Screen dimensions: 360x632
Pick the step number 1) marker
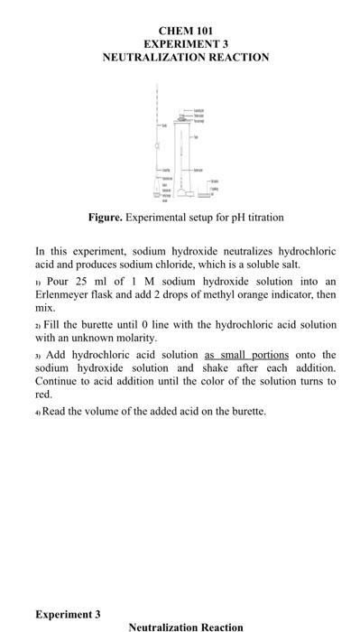point(39,283)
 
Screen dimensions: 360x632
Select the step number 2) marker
point(39,324)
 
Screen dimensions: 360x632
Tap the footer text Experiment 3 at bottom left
point(68,614)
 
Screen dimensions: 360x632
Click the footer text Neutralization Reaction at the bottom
point(186,627)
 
